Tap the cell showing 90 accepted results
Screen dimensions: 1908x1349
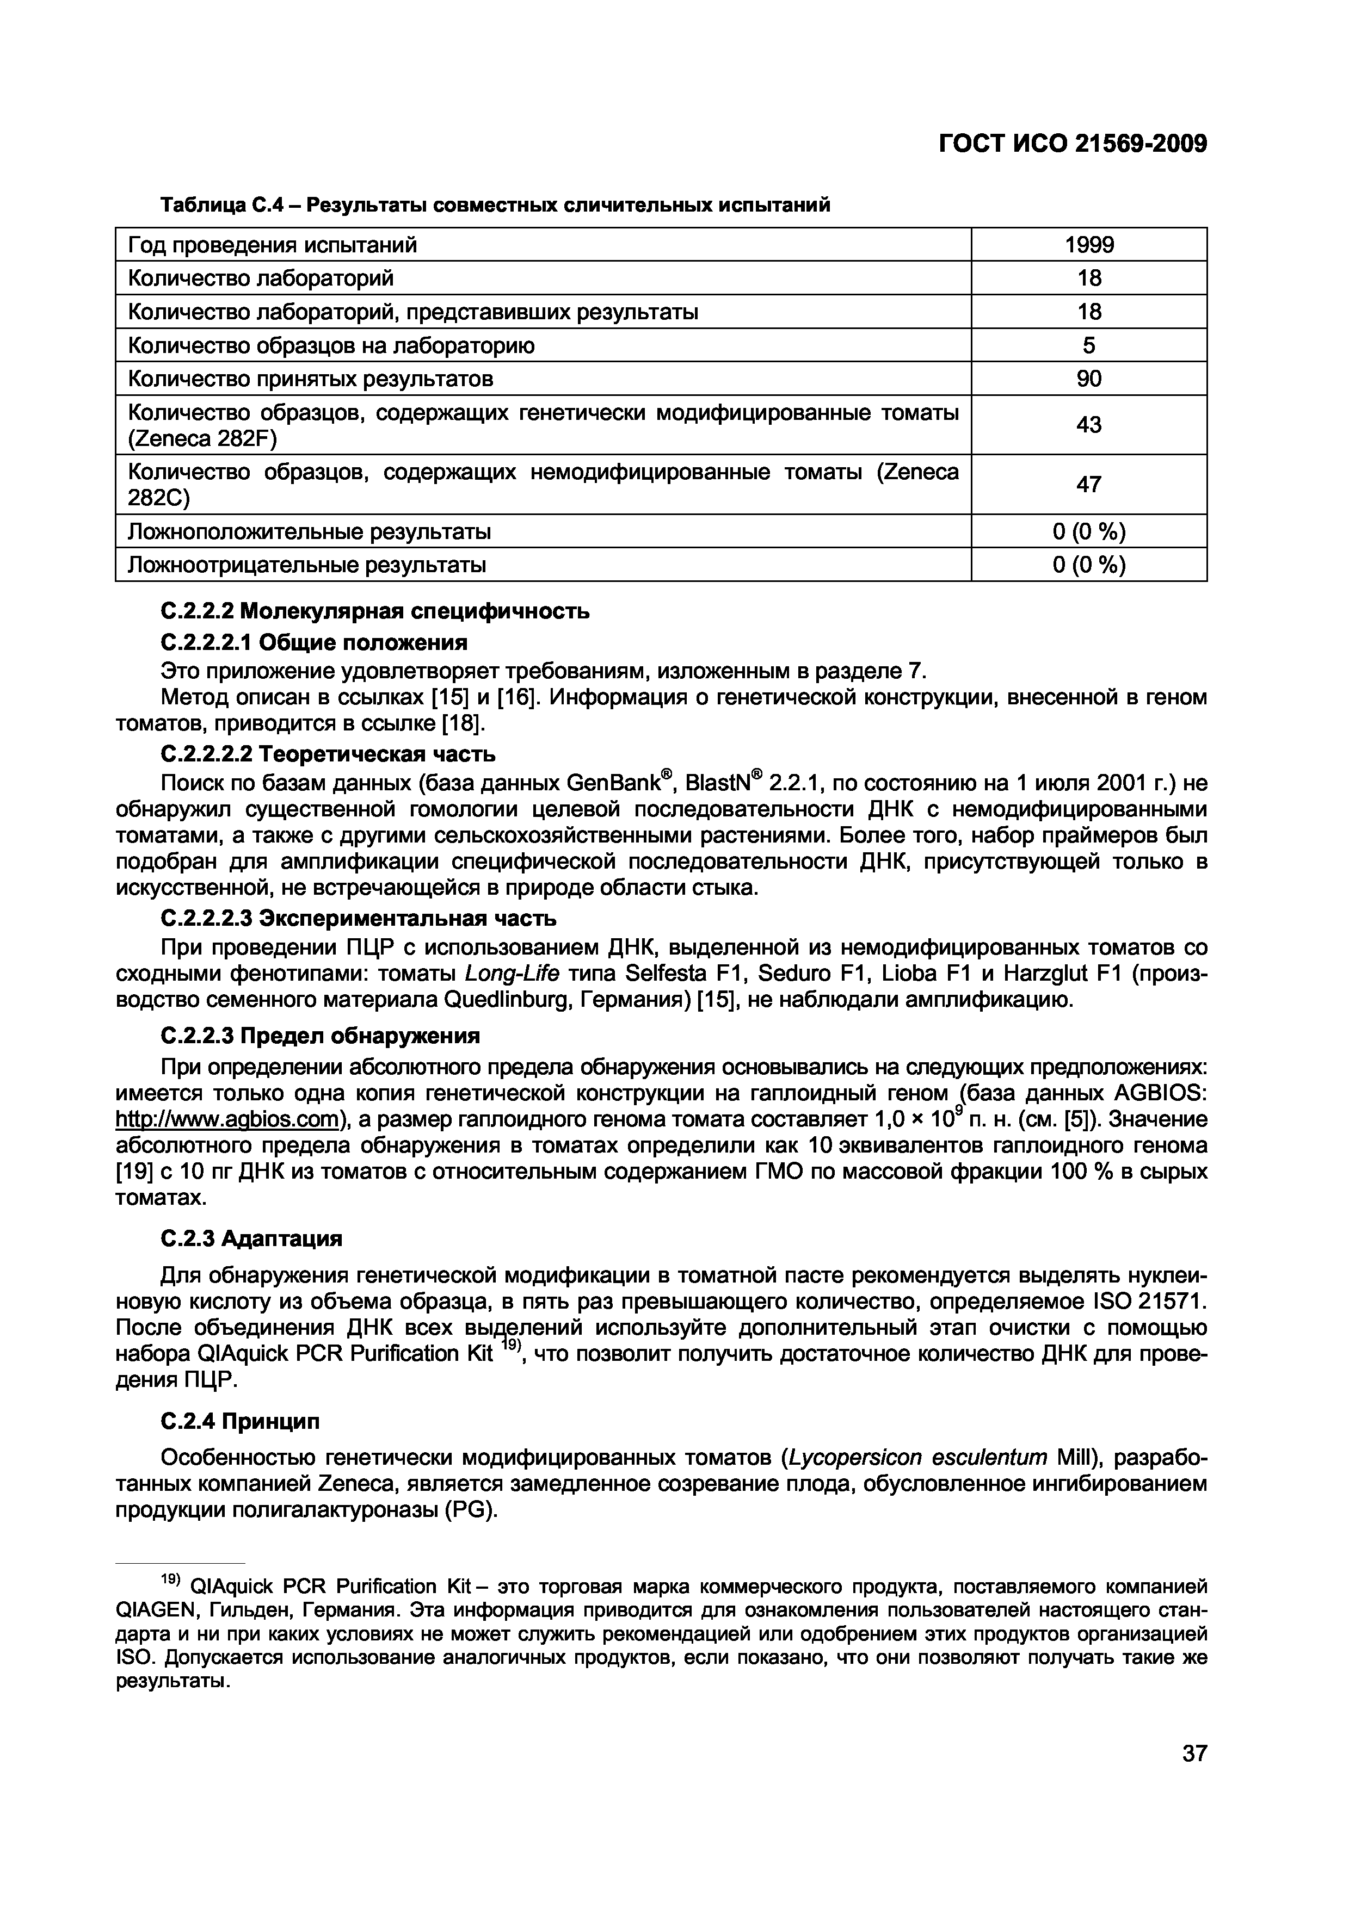pyautogui.click(x=1089, y=379)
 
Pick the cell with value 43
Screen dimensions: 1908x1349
pyautogui.click(x=1089, y=425)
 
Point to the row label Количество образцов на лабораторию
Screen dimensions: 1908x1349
pyautogui.click(x=331, y=345)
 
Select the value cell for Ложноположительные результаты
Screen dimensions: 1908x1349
pyautogui.click(x=1089, y=531)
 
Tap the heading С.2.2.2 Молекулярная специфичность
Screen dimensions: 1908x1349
pyautogui.click(x=375, y=612)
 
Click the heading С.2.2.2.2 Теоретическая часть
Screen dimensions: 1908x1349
pyautogui.click(x=328, y=754)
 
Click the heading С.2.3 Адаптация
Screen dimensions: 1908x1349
pyautogui.click(x=251, y=1239)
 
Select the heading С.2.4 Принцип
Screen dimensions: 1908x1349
pyautogui.click(x=239, y=1422)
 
